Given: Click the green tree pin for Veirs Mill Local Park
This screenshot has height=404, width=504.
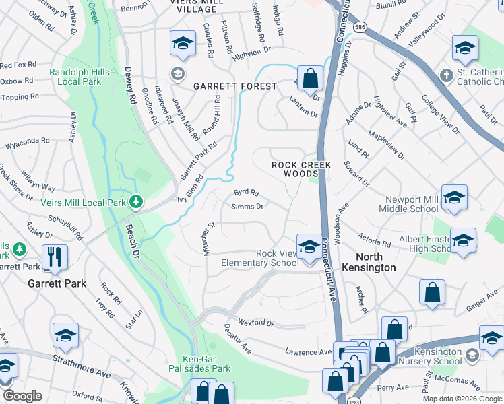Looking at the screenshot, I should [x=136, y=201].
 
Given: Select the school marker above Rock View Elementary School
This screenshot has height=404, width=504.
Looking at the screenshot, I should [x=309, y=245].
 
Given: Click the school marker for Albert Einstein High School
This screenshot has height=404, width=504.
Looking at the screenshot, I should [x=464, y=240].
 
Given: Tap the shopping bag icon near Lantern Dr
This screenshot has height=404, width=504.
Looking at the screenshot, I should [x=309, y=77].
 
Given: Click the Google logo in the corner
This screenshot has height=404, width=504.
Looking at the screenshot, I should [x=22, y=396].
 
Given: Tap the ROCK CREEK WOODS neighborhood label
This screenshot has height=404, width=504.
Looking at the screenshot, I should [x=294, y=169].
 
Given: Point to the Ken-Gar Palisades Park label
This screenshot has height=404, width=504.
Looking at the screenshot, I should [x=207, y=364].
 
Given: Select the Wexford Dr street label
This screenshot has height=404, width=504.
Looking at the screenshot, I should [x=257, y=323].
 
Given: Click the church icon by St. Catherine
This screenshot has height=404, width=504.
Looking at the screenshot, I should [x=445, y=74].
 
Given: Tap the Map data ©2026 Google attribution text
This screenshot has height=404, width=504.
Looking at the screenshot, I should [x=462, y=399].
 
